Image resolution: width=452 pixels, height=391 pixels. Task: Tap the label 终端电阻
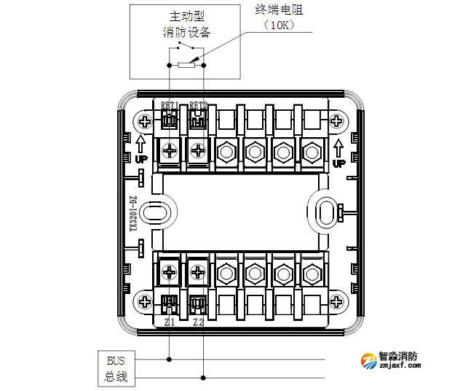coord(279,9)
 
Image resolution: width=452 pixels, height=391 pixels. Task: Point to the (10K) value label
coord(279,25)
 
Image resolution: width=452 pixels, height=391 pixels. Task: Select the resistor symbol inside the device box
coord(186,65)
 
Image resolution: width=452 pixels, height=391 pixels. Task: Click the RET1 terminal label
coord(170,105)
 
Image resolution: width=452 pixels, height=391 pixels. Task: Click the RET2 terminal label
coord(198,105)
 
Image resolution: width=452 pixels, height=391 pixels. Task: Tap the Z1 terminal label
coord(170,322)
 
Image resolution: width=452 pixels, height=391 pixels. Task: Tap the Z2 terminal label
coord(198,322)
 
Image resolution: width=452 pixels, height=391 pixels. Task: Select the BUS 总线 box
coord(116,368)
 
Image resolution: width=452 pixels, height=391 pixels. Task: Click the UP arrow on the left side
coord(140,149)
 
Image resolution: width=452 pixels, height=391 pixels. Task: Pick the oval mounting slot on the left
coord(154,212)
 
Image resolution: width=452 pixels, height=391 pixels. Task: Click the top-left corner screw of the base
coord(145,120)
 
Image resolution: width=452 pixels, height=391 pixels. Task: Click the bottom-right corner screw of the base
coord(336,301)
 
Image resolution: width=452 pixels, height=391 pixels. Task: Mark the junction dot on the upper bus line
coord(170,359)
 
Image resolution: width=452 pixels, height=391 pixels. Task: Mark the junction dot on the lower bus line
coord(203,377)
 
